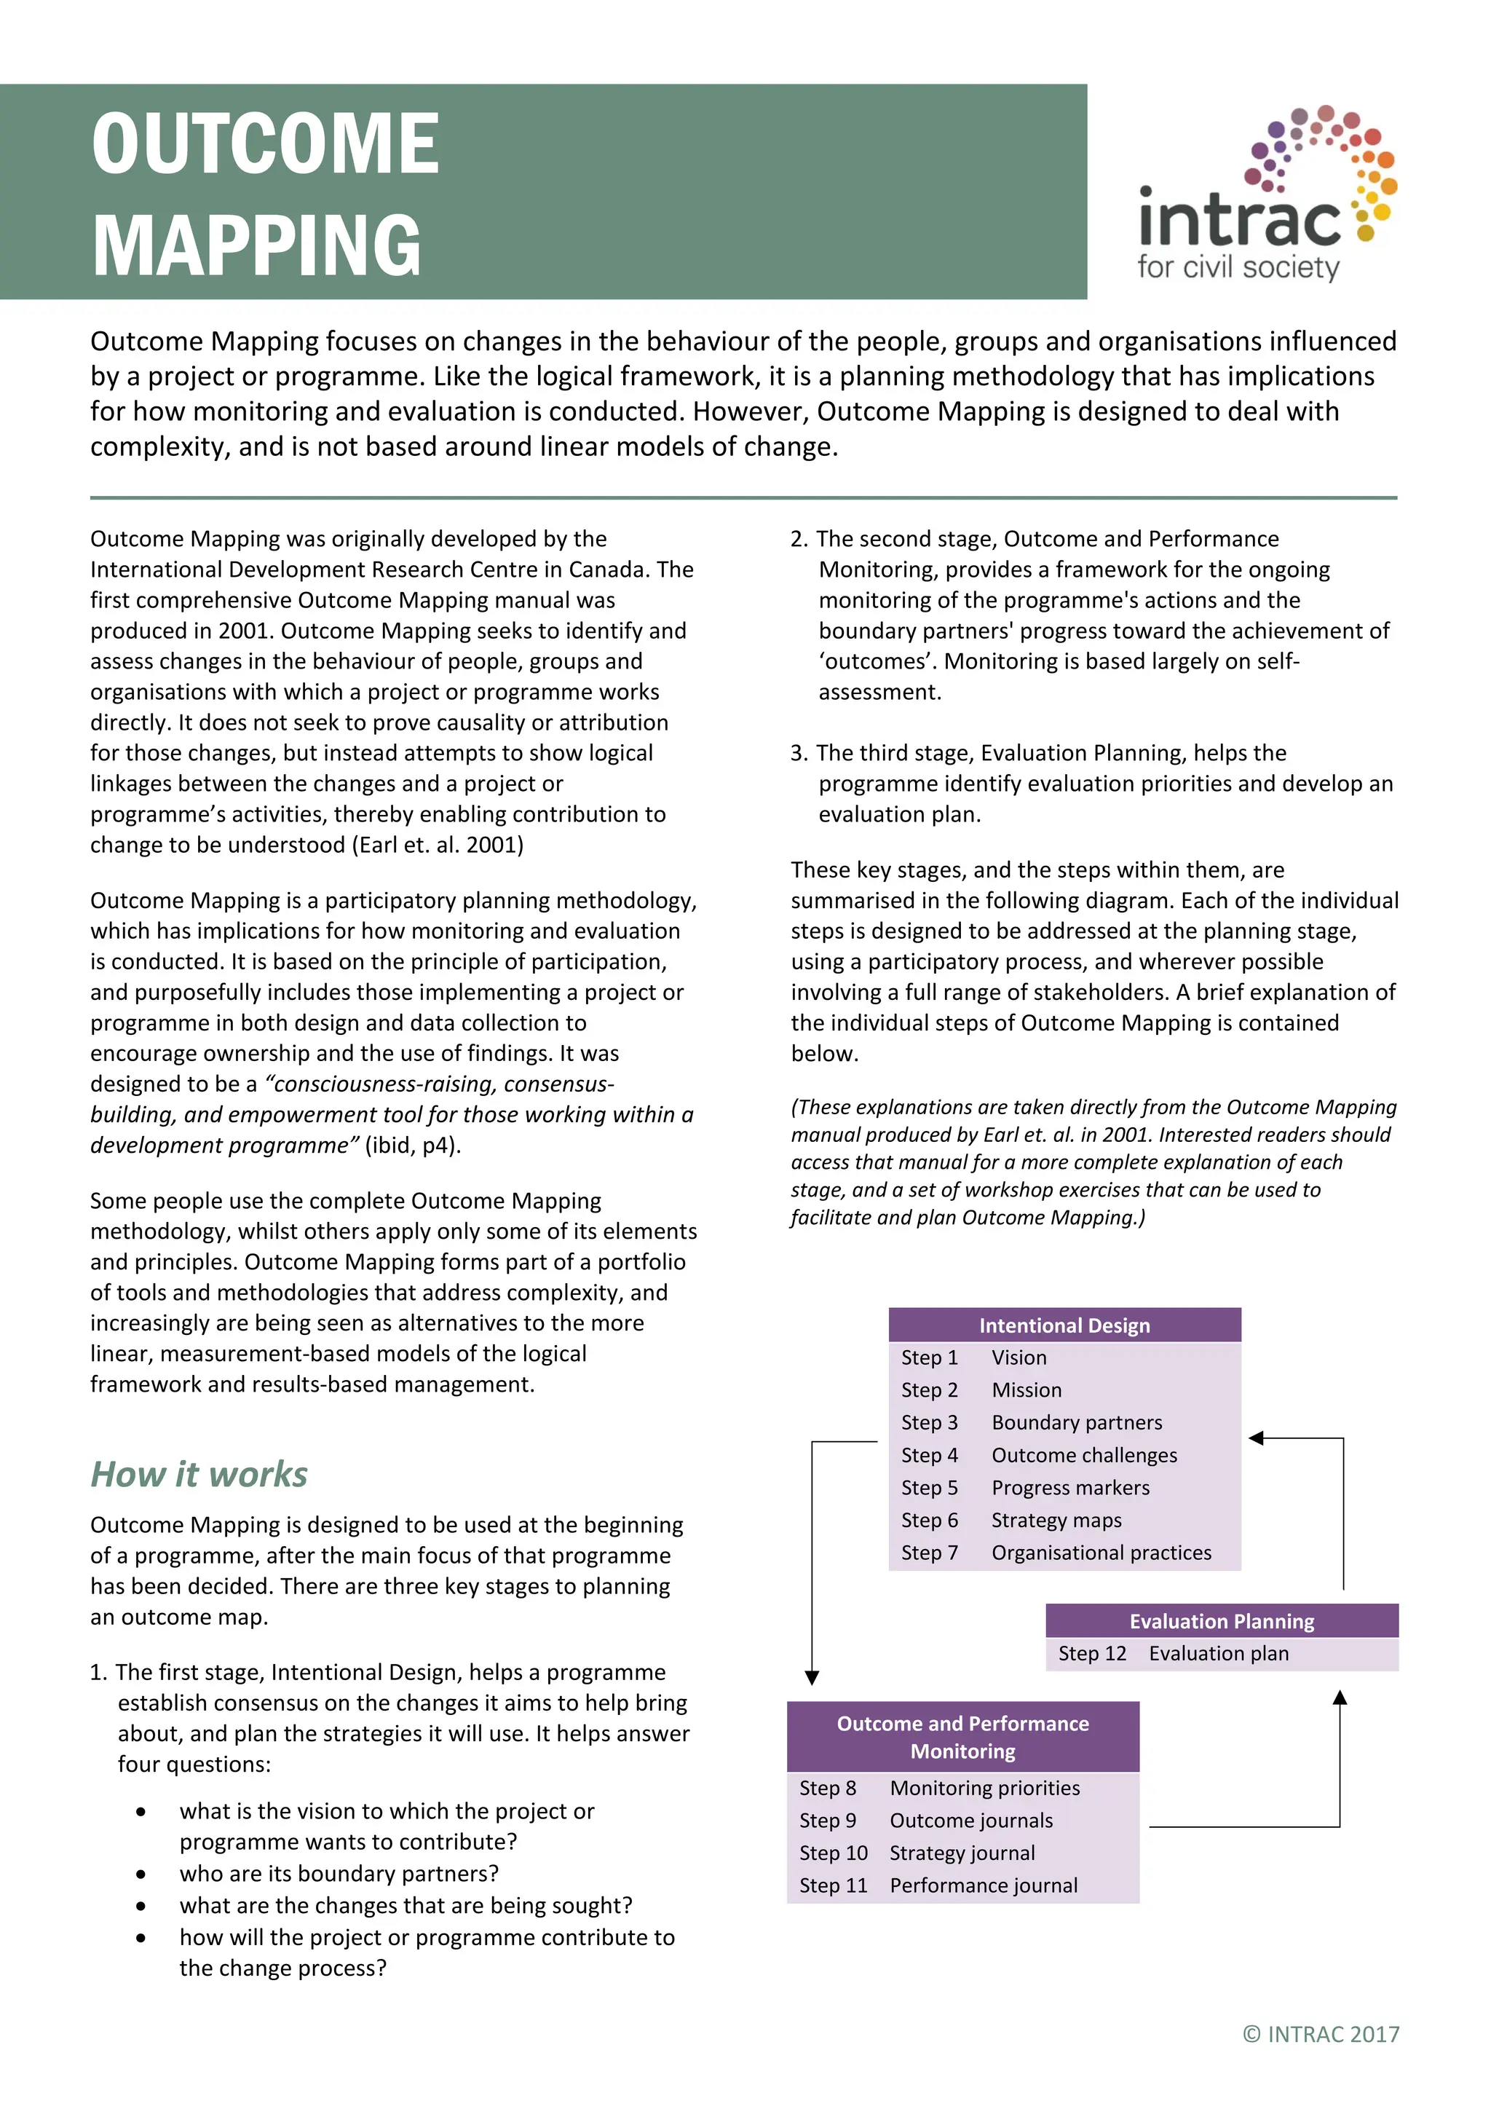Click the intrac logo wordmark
(x=1239, y=218)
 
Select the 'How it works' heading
(x=198, y=1474)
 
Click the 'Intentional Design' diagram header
(x=1064, y=1325)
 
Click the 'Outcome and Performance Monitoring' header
(x=962, y=1736)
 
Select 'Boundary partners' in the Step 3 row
(x=1076, y=1422)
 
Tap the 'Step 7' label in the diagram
(x=928, y=1553)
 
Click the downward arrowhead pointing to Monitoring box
(x=812, y=1677)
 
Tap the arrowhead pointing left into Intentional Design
(x=1257, y=1438)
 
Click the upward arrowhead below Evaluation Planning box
(x=1340, y=1698)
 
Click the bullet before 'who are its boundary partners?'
(x=141, y=1874)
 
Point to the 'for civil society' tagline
(x=1238, y=267)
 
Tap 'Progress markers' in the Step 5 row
(x=1069, y=1487)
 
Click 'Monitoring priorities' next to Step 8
(x=984, y=1788)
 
